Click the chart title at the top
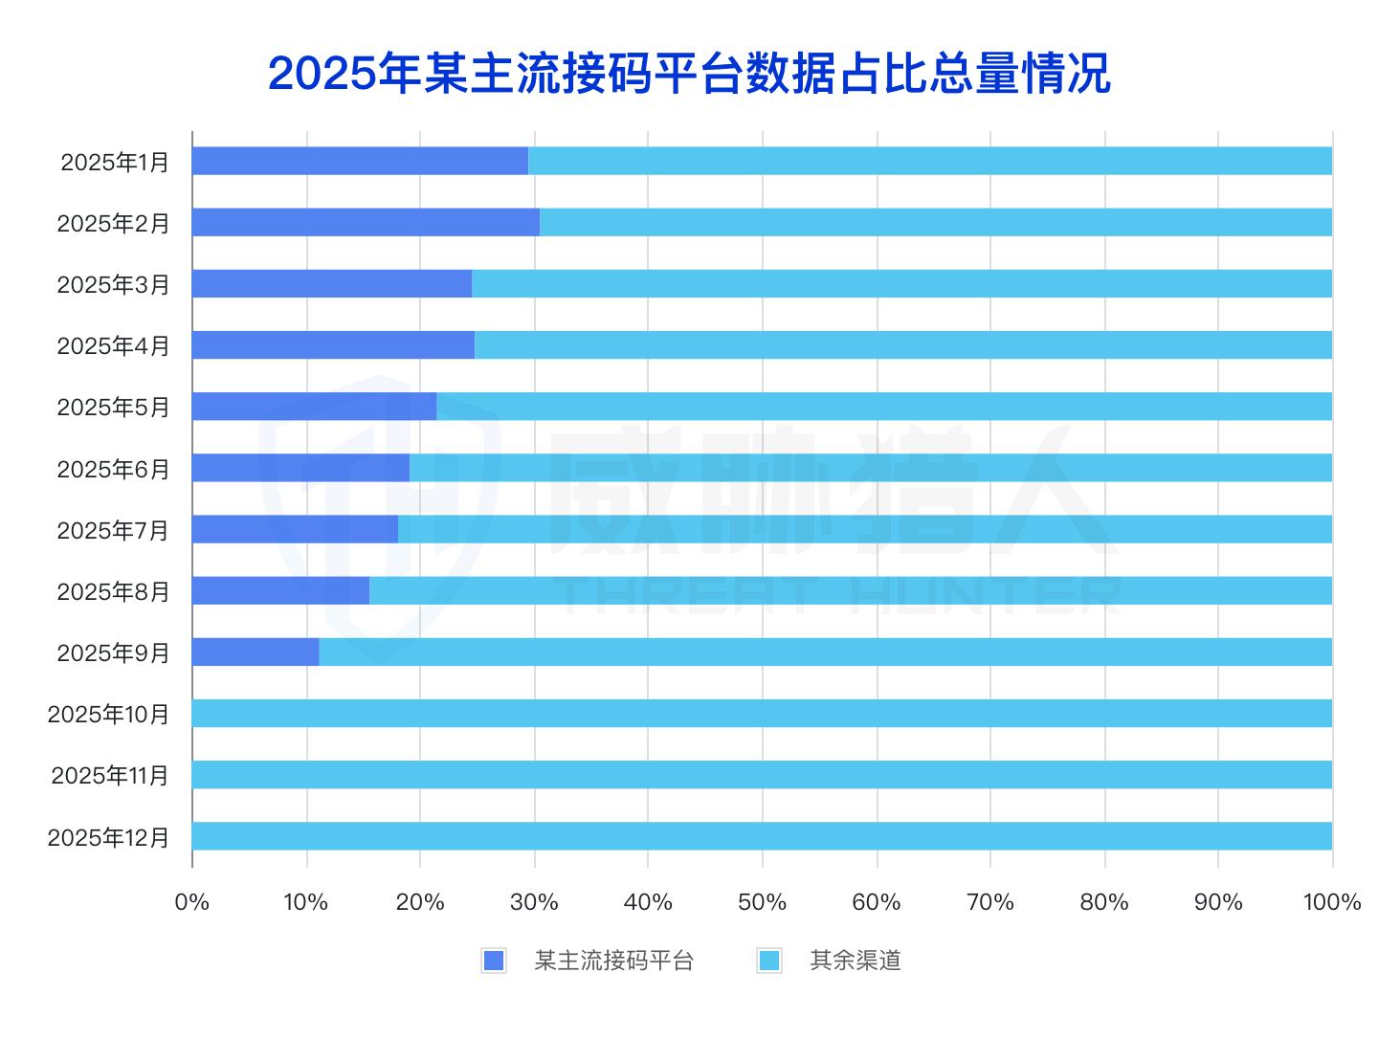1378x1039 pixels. (689, 74)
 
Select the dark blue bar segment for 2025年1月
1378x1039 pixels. (360, 161)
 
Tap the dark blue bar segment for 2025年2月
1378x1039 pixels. (366, 222)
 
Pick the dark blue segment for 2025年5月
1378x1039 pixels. (314, 406)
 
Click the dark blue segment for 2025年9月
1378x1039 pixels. (256, 652)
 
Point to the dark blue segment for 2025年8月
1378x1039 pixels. (280, 590)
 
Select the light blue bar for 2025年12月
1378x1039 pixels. (762, 836)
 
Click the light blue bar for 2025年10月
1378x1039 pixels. (762, 713)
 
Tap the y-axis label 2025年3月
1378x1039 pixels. (113, 285)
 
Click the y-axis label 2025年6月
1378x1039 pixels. (113, 470)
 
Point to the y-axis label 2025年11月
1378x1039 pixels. (110, 776)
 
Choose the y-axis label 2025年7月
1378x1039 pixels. (113, 531)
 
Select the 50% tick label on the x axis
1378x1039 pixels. (762, 902)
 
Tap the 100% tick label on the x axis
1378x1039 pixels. (1331, 902)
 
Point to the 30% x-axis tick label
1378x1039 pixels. (534, 902)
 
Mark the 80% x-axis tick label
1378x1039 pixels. (1103, 902)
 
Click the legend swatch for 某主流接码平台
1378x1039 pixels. (494, 961)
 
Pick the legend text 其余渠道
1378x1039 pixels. (856, 961)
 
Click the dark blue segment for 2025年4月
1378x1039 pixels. (333, 344)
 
